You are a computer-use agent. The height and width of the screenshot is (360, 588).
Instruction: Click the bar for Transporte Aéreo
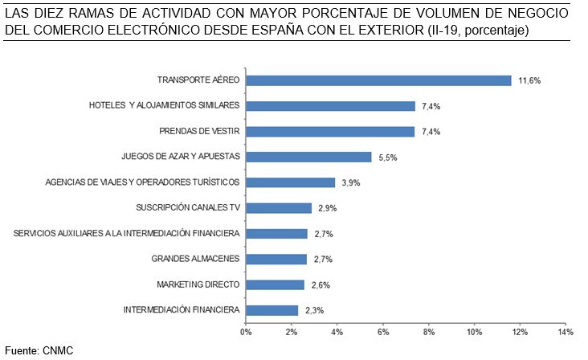coord(378,80)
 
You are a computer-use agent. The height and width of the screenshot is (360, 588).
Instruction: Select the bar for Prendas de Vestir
coord(329,131)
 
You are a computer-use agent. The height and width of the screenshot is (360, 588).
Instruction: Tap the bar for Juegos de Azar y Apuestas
coord(308,157)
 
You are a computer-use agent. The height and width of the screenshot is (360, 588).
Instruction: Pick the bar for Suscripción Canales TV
coord(279,208)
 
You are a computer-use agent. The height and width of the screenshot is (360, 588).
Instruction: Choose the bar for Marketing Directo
coord(275,284)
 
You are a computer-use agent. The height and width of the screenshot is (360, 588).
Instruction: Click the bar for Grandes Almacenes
coord(276,259)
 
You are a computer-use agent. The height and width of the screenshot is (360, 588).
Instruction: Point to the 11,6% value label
coord(529,81)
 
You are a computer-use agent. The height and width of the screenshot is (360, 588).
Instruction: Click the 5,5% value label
coord(389,157)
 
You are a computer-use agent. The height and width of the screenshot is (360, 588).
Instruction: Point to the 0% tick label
coord(246,331)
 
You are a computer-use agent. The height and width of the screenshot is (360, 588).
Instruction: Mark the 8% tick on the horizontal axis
coord(428,331)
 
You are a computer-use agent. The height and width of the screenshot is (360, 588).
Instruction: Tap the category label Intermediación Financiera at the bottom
coord(182,309)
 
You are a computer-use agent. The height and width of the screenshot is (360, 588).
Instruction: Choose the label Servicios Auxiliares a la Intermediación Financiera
coord(127,233)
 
